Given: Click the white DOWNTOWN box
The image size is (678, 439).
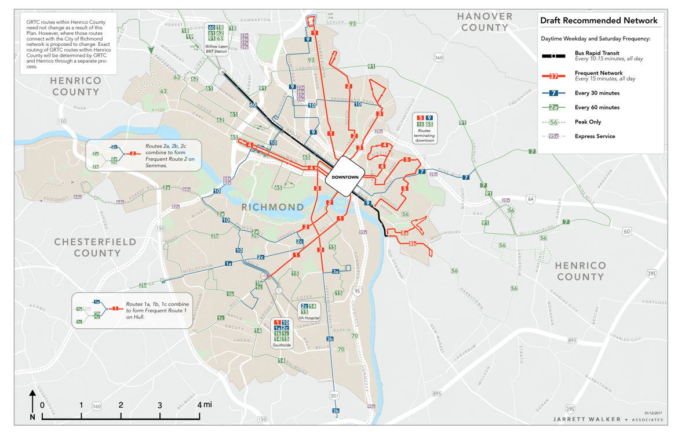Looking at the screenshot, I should tap(345, 177).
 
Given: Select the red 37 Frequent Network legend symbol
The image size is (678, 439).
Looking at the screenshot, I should tap(554, 76).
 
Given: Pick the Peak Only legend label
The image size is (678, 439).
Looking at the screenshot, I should tap(588, 122).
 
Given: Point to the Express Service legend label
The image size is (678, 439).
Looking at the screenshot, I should tap(595, 136).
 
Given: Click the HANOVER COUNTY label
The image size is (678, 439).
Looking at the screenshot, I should tap(485, 21).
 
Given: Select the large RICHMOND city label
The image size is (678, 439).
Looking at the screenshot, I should tap(272, 207).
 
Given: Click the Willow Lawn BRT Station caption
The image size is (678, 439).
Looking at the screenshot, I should tap(216, 49).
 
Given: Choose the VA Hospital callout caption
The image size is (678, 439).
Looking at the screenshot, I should tap(308, 318).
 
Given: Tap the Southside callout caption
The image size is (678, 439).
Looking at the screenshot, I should tap(282, 345).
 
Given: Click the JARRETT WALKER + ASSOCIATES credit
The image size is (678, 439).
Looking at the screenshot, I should tap(608, 419).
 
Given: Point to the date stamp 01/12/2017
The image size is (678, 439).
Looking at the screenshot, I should tap(653, 412).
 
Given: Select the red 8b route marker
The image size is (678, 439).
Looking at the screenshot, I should tap(413, 244).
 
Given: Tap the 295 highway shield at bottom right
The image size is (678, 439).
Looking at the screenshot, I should tap(570, 408).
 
